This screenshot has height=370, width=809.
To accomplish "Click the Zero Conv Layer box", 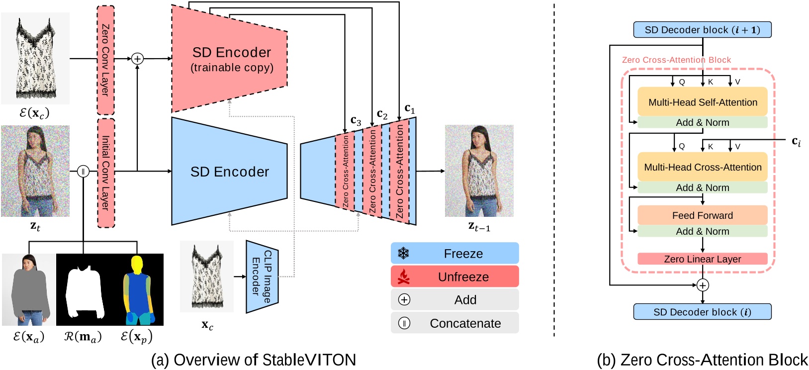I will tap(105, 60).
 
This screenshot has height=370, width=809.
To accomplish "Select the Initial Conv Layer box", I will tap(105, 173).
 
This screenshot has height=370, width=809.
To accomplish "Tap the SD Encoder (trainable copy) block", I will tap(231, 59).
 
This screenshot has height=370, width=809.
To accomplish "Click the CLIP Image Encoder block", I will tap(262, 277).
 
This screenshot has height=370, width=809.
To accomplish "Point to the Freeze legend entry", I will tap(454, 254).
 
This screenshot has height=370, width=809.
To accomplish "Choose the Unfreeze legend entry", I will tap(454, 277).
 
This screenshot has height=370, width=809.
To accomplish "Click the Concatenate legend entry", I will tap(454, 323).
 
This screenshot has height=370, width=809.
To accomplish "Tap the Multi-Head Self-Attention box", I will tap(702, 102).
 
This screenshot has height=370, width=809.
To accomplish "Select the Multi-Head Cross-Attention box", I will tap(702, 167).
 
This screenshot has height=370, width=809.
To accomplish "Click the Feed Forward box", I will tap(702, 215).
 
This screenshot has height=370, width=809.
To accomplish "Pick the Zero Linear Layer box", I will tap(702, 259).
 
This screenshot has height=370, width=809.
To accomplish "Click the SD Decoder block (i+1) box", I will tap(702, 30).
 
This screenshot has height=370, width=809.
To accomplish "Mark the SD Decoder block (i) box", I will tap(702, 312).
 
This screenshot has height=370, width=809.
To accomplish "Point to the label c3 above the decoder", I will tap(356, 121).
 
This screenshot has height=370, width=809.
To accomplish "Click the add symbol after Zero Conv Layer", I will tap(137, 59).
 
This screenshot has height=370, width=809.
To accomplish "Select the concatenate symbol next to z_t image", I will tap(83, 172).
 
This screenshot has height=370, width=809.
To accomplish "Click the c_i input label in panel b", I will tap(796, 142).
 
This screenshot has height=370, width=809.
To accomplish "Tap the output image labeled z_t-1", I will tap(479, 171).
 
